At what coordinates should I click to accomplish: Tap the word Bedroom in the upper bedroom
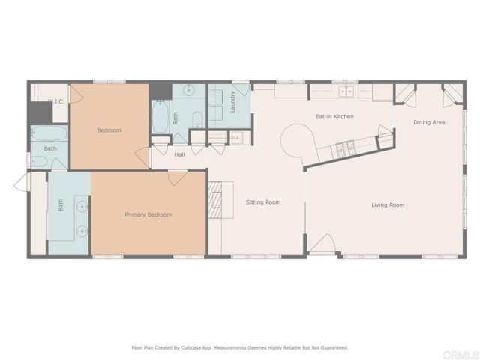click(x=109, y=130)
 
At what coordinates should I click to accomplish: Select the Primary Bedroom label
click(x=148, y=215)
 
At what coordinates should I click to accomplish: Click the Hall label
click(x=179, y=155)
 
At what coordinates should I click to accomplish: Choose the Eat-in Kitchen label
click(x=334, y=117)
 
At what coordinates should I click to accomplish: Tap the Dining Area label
click(x=429, y=122)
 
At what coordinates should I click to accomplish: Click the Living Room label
click(x=388, y=205)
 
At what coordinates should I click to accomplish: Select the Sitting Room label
click(x=263, y=202)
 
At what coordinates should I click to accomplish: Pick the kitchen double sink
click(x=346, y=91)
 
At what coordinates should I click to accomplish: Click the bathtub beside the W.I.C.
click(x=49, y=135)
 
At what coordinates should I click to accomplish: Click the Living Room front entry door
click(x=322, y=245)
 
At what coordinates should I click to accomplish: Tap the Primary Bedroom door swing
click(x=177, y=178)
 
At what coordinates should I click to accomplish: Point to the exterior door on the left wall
click(x=20, y=182)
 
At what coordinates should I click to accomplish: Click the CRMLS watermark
click(x=457, y=352)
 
